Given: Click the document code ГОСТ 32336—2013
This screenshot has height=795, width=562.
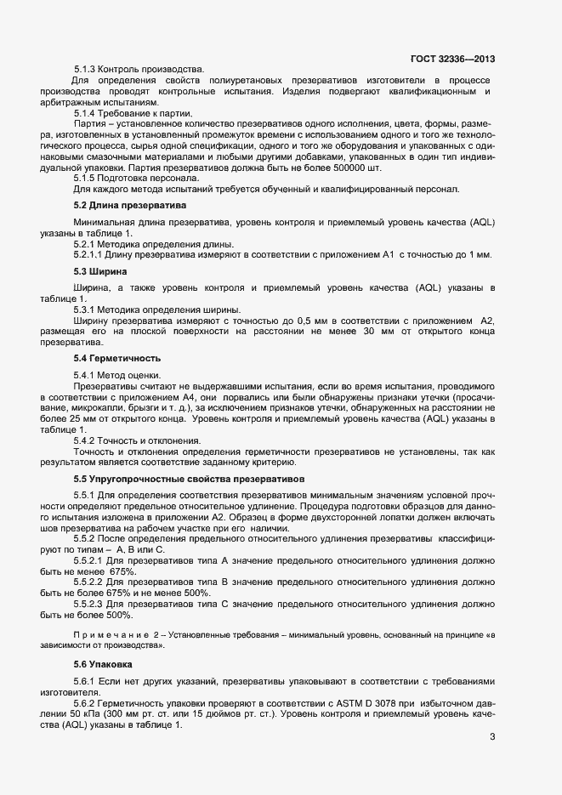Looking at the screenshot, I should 452,59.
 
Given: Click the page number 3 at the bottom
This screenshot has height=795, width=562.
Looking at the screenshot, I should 492,736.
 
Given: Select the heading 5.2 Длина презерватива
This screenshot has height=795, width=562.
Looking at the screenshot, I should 130,205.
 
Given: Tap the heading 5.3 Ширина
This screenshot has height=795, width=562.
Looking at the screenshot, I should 101,271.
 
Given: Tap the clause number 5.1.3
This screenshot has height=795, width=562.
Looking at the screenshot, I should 85,68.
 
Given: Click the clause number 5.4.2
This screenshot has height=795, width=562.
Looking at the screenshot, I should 85,440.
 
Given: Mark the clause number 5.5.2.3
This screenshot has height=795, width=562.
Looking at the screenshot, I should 89,603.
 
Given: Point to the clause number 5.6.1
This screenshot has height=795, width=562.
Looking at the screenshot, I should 85,681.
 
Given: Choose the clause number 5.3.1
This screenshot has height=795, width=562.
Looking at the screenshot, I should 85,309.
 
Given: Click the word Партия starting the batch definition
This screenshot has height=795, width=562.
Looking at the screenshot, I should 92,124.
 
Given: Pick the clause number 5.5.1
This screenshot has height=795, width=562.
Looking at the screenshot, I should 85,495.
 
